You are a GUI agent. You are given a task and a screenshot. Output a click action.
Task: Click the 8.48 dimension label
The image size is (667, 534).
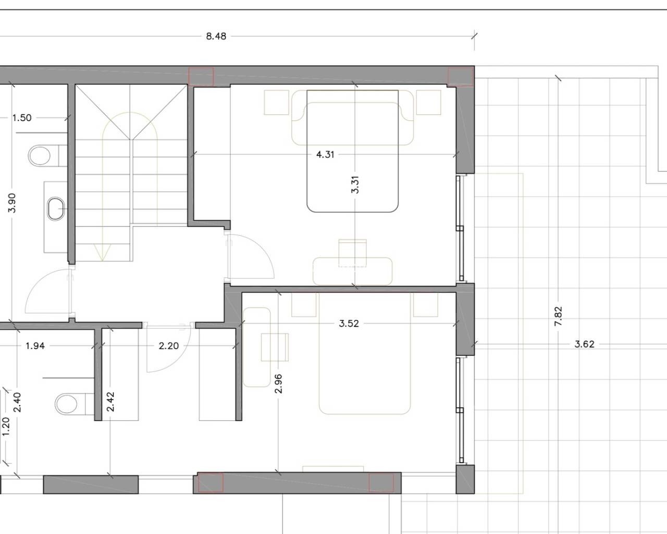216,37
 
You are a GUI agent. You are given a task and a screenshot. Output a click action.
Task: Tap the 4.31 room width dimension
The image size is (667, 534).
325,154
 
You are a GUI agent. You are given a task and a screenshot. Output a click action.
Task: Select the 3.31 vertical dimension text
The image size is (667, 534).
355,185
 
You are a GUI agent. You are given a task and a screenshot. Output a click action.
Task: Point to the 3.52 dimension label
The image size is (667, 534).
349,324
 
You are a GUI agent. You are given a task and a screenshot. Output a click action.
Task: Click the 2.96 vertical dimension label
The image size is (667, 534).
278,384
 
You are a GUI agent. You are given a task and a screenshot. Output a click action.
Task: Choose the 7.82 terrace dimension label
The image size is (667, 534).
558,317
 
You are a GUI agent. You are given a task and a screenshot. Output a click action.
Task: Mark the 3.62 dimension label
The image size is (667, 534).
584,344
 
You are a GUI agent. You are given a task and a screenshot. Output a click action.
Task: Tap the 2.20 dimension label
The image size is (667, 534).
169,346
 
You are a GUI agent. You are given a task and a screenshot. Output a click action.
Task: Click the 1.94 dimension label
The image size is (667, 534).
35,346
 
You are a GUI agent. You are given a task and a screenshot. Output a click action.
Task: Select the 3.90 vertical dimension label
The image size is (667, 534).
12,203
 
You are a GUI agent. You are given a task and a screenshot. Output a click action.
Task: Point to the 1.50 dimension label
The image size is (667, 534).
22,118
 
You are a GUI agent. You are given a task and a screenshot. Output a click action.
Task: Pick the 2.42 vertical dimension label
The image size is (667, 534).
110,402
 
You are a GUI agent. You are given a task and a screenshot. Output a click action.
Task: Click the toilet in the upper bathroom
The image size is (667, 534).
46,156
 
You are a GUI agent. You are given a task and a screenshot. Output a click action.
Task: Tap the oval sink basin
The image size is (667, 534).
56,209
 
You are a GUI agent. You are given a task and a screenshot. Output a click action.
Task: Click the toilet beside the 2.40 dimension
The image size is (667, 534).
74,404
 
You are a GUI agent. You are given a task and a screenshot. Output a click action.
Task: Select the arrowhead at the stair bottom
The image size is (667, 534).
102,251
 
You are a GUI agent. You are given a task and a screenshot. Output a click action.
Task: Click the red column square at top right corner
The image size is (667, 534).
461,76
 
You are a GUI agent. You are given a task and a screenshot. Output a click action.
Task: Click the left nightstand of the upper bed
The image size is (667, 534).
277,102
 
